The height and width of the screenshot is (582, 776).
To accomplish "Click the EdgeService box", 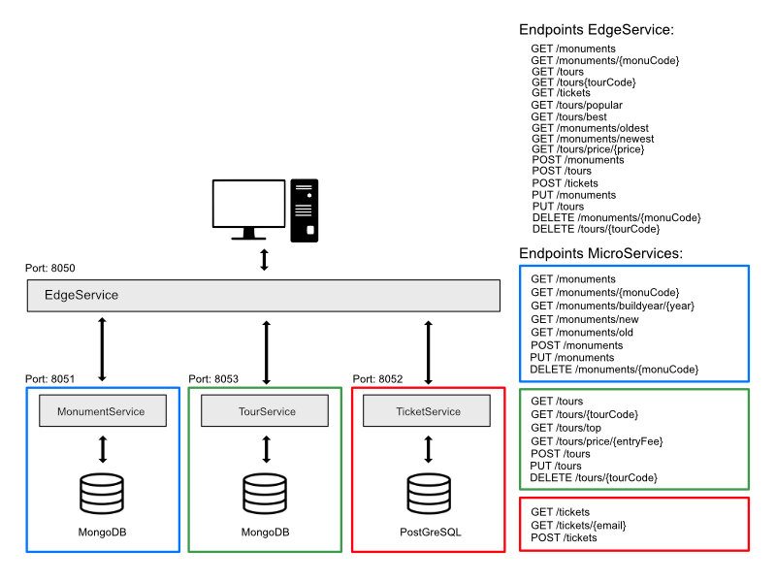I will point(263,295).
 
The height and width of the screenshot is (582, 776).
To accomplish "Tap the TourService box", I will point(266,411).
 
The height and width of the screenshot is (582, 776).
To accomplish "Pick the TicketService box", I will point(428,411).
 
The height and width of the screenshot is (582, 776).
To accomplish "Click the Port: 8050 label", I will point(50,268).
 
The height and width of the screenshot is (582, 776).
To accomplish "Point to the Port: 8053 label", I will point(213,378).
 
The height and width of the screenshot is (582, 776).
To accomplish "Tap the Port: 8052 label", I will point(376,378).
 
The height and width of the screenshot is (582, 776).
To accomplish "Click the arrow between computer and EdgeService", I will point(265,260).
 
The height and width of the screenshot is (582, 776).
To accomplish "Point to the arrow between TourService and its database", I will point(266,449).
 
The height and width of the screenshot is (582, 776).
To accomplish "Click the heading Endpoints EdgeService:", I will point(597,30).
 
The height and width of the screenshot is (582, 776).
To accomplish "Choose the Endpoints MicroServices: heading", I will point(601,253).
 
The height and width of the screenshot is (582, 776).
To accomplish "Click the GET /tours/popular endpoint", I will point(576,105).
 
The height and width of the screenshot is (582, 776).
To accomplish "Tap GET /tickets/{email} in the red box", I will point(578,525).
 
